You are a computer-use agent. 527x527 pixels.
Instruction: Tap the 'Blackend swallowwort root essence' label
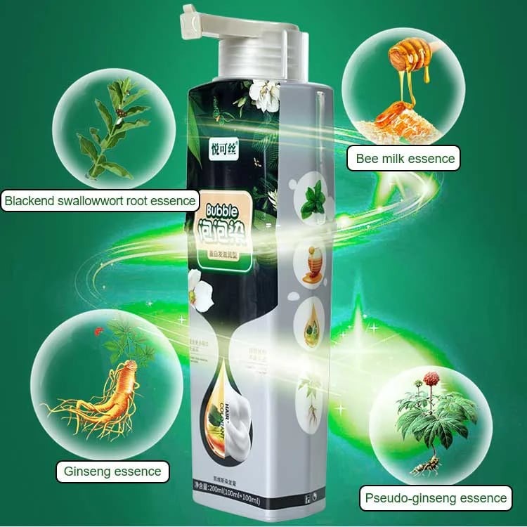pos(100,201)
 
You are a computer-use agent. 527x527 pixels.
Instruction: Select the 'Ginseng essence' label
pos(112,471)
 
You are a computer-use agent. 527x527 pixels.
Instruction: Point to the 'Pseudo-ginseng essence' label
pos(436,498)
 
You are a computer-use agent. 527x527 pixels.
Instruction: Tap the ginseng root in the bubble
pos(105,397)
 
